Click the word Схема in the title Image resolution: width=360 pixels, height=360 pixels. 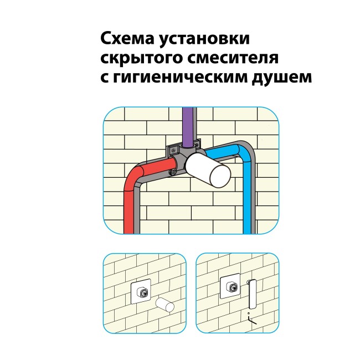[x=127, y=39]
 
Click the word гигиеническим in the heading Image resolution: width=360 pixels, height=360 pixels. [x=180, y=78]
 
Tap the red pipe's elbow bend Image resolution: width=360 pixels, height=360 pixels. [x=135, y=174]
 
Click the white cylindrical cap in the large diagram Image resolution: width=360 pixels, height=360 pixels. [x=208, y=170]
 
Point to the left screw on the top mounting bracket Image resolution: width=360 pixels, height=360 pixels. [x=173, y=151]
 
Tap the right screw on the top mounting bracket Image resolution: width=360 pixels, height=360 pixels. [x=197, y=145]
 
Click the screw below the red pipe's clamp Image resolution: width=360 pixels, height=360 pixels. [x=172, y=173]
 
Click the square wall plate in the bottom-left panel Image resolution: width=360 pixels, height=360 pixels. [x=141, y=291]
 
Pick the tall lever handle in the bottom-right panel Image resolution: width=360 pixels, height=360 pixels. [x=252, y=294]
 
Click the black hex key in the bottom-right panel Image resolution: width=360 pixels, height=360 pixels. [x=252, y=321]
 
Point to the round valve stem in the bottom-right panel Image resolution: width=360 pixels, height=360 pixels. [x=233, y=287]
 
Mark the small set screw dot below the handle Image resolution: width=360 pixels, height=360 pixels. [x=248, y=313]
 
